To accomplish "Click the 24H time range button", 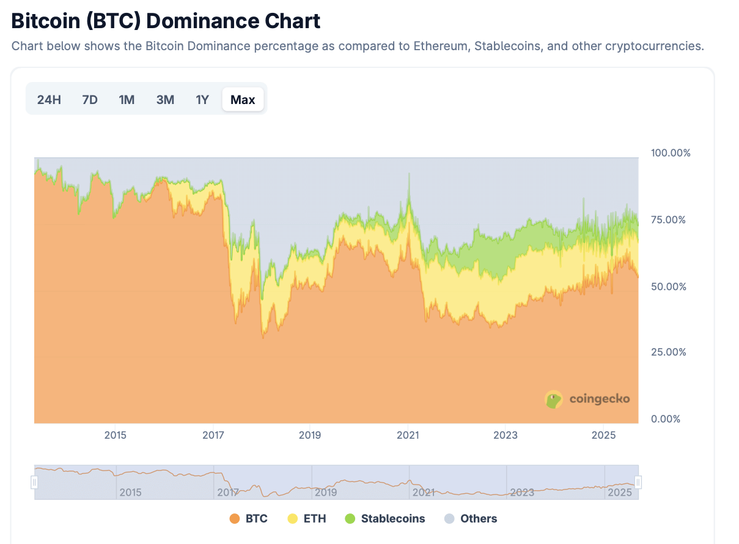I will (x=49, y=100).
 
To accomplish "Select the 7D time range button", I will (x=90, y=100).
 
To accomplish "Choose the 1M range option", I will (x=127, y=100).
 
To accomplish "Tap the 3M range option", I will (x=165, y=100).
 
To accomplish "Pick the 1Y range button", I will (x=202, y=100).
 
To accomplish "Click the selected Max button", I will (x=243, y=100).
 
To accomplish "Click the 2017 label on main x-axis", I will (x=213, y=435).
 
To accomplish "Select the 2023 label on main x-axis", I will (x=506, y=435).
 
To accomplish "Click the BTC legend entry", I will (x=249, y=519).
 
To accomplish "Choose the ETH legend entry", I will (x=307, y=519).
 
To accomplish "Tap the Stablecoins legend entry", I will (x=385, y=519).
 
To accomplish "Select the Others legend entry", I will (x=471, y=519).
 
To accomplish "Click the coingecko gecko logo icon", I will (x=554, y=400).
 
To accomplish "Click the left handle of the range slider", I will (x=34, y=483).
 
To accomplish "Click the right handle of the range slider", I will (x=638, y=483).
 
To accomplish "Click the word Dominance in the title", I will (x=202, y=21).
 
